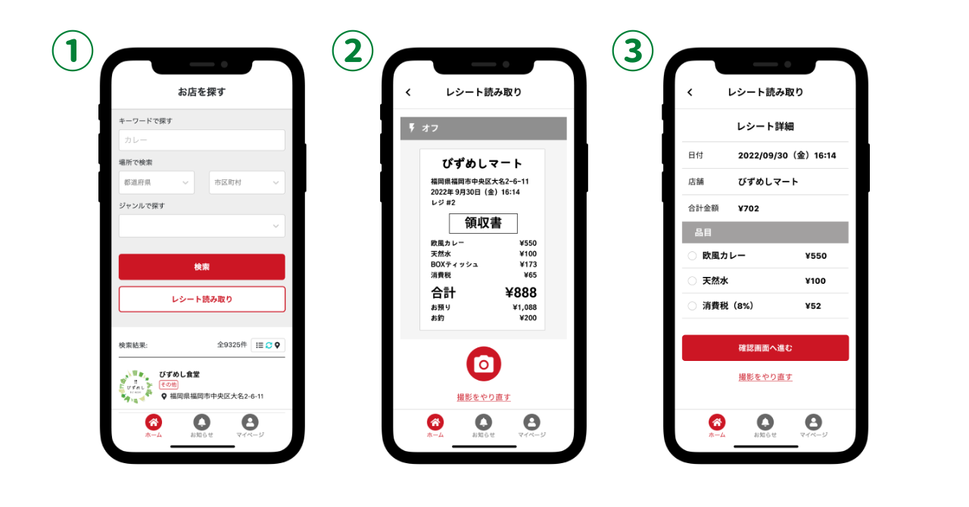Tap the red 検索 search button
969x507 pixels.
[x=201, y=266]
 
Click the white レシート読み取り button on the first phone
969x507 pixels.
[x=201, y=299]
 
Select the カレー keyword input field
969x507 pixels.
[x=201, y=140]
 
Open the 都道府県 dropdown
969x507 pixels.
[x=157, y=182]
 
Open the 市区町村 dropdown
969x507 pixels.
[x=247, y=182]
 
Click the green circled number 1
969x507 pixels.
[x=72, y=51]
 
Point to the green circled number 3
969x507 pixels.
[x=632, y=51]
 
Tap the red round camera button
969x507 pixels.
[x=484, y=364]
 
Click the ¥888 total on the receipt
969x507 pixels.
[x=521, y=292]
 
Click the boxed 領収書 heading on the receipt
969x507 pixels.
[x=483, y=223]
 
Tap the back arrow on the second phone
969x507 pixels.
[x=408, y=92]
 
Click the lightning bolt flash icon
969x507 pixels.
[x=412, y=128]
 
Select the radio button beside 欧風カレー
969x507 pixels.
[x=692, y=256]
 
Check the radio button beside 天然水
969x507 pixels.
[x=692, y=281]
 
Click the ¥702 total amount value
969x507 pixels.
[x=749, y=209]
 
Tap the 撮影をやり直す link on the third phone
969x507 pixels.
[x=765, y=377]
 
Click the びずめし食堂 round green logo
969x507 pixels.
[x=136, y=387]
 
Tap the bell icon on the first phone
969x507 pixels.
[x=201, y=422]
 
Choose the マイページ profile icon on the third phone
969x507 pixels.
[x=813, y=422]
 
